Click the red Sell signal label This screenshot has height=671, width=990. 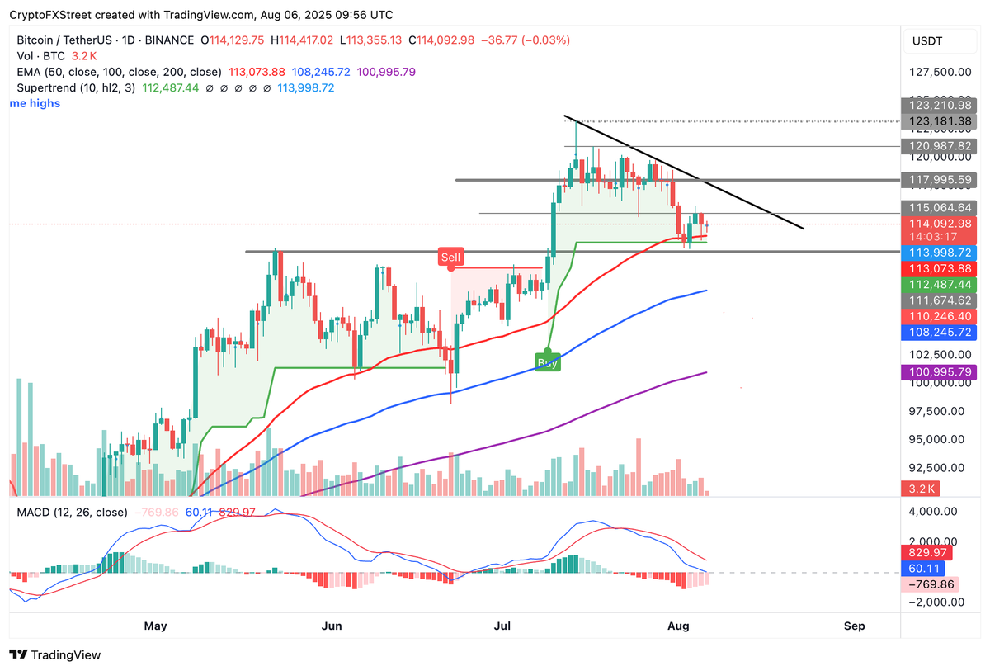450,258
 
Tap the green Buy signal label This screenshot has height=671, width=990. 548,361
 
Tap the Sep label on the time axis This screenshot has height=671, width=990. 855,626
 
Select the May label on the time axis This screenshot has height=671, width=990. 155,626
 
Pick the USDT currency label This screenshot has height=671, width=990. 928,40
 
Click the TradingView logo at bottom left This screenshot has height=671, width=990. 55,654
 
